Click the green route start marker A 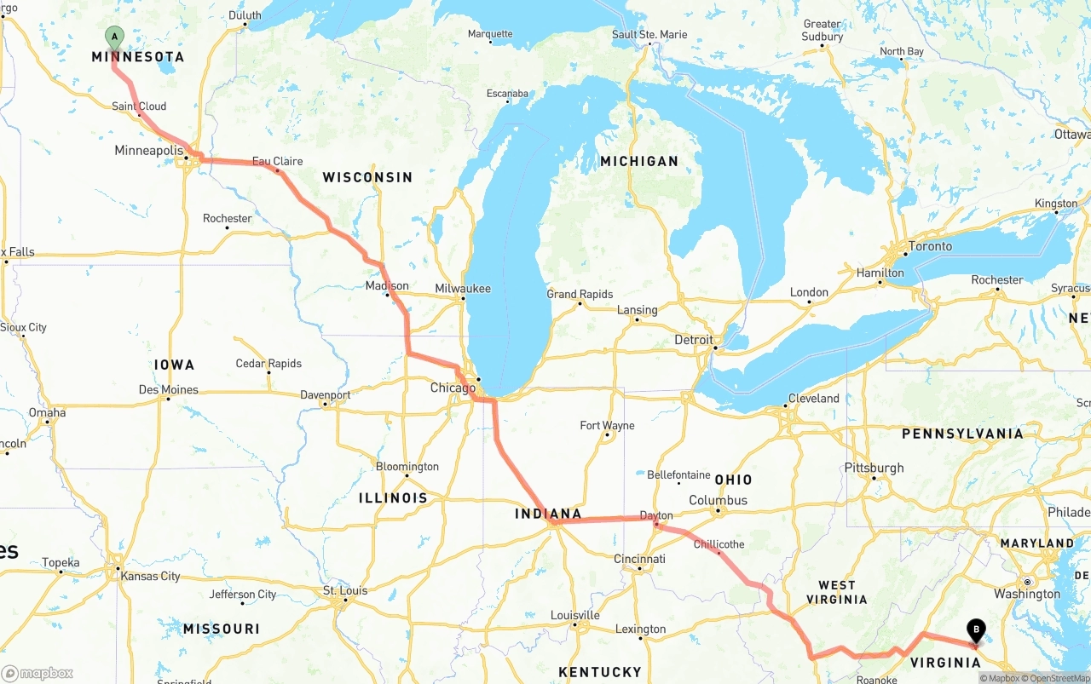(114, 37)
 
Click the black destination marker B (975, 631)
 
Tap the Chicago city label (453, 388)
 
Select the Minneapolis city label (149, 151)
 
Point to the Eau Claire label (277, 161)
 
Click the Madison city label (387, 286)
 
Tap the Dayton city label (656, 515)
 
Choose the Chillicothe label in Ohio (719, 544)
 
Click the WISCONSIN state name (367, 177)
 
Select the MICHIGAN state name (638, 161)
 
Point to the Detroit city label (693, 340)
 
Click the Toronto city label (930, 246)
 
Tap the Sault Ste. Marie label (649, 35)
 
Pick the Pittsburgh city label (874, 468)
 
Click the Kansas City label (150, 577)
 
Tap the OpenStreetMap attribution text (1059, 678)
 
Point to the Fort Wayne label (607, 425)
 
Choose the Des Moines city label (169, 390)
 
